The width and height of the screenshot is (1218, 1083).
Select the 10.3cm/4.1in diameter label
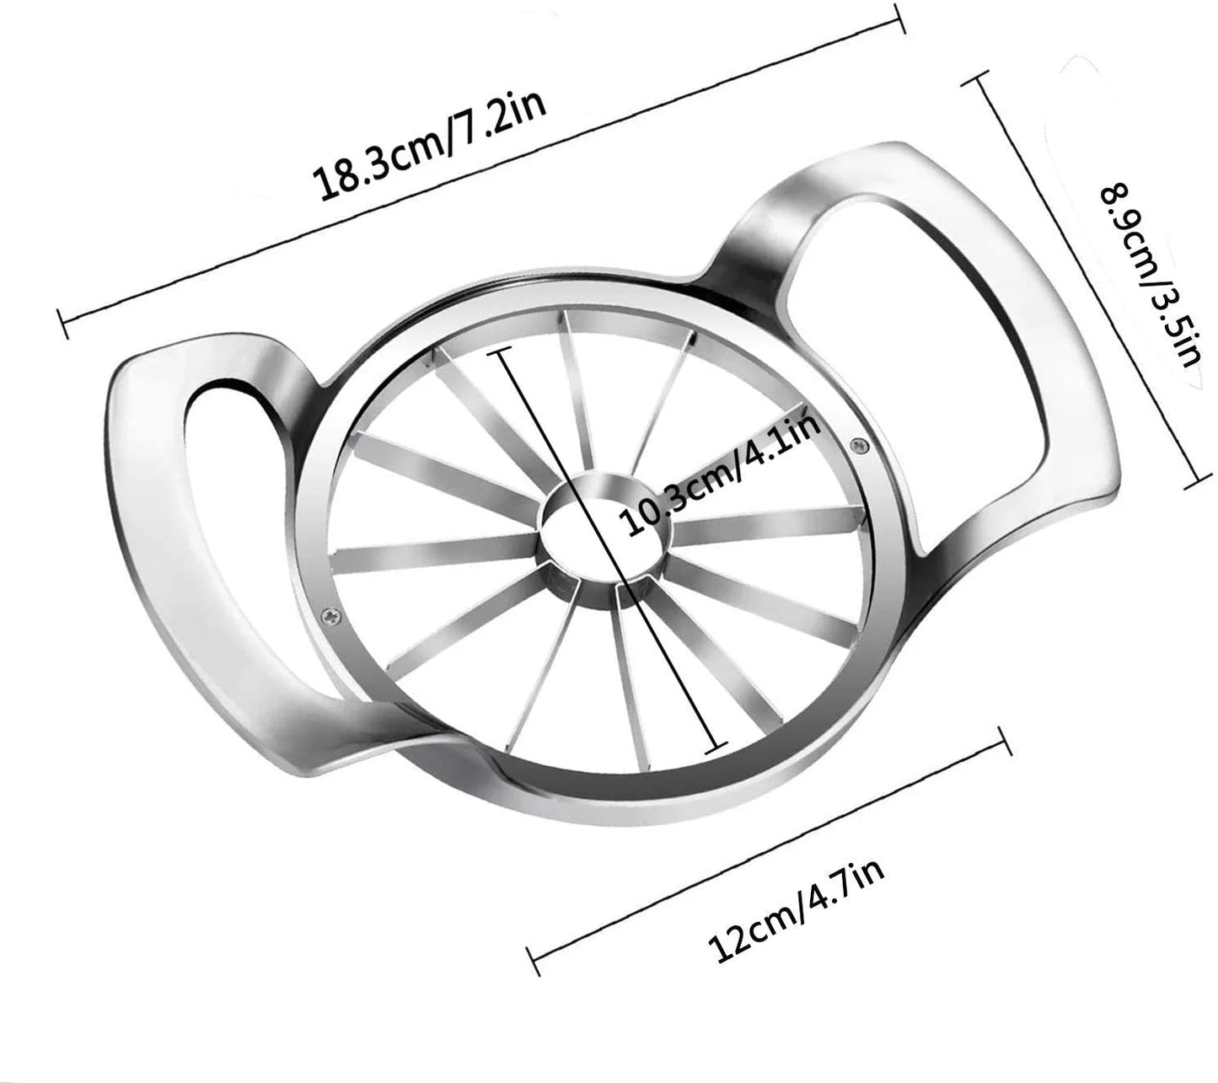722,474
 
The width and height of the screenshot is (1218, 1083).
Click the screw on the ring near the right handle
858,445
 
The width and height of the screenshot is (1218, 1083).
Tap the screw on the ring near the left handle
331,614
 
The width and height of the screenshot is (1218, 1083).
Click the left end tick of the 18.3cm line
62,324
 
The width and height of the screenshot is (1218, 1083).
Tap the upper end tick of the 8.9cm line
976,78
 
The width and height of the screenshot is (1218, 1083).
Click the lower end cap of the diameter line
716,748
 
